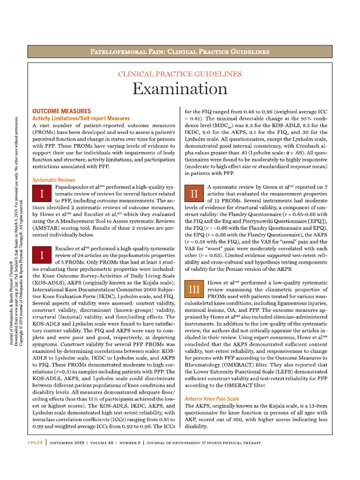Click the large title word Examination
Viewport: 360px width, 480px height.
point(180,89)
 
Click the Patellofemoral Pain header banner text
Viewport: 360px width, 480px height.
point(180,51)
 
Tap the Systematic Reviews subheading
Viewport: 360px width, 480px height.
point(53,180)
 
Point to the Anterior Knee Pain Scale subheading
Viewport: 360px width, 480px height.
point(212,398)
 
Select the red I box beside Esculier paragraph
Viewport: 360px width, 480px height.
point(42,255)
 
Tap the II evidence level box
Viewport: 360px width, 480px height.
point(194,193)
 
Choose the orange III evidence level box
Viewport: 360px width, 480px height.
point(194,290)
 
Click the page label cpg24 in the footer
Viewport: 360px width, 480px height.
point(35,442)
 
